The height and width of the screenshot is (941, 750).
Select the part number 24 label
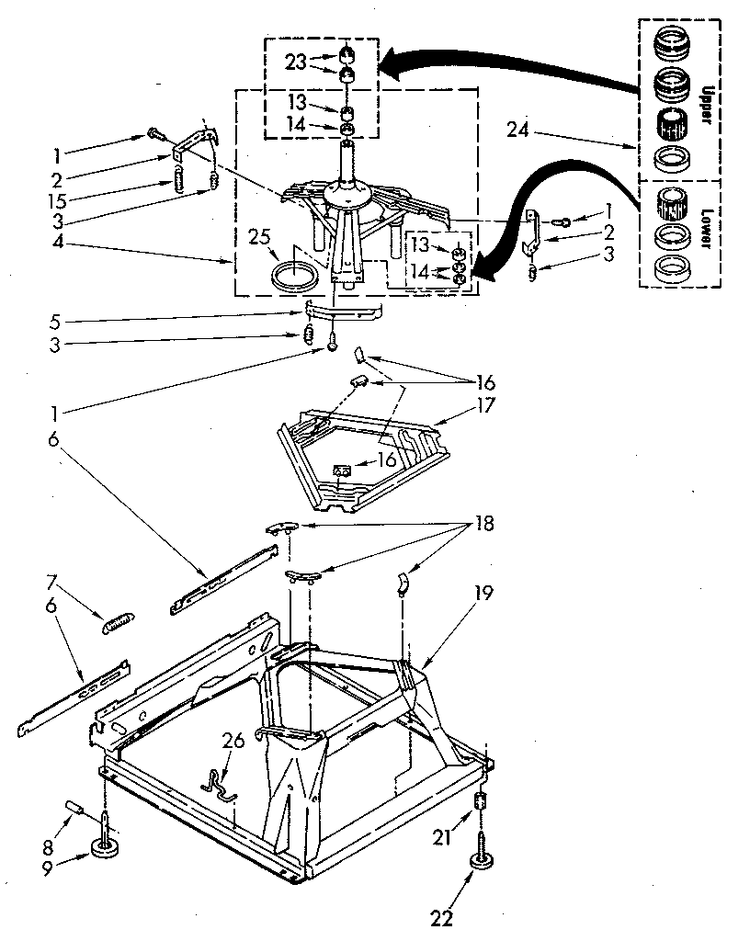coord(518,130)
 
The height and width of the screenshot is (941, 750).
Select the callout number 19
coord(484,594)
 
